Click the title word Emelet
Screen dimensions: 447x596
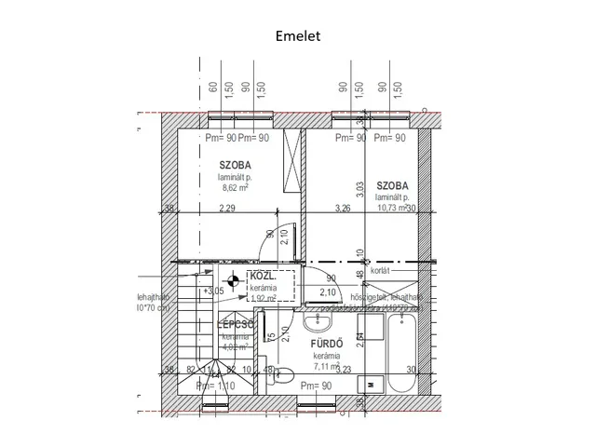[297, 36]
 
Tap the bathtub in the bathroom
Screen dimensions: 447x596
[400, 352]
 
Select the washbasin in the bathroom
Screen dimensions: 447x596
[318, 322]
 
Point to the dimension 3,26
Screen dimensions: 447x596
[342, 209]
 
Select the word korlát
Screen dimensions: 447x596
[379, 271]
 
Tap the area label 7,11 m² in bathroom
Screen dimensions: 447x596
[328, 367]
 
